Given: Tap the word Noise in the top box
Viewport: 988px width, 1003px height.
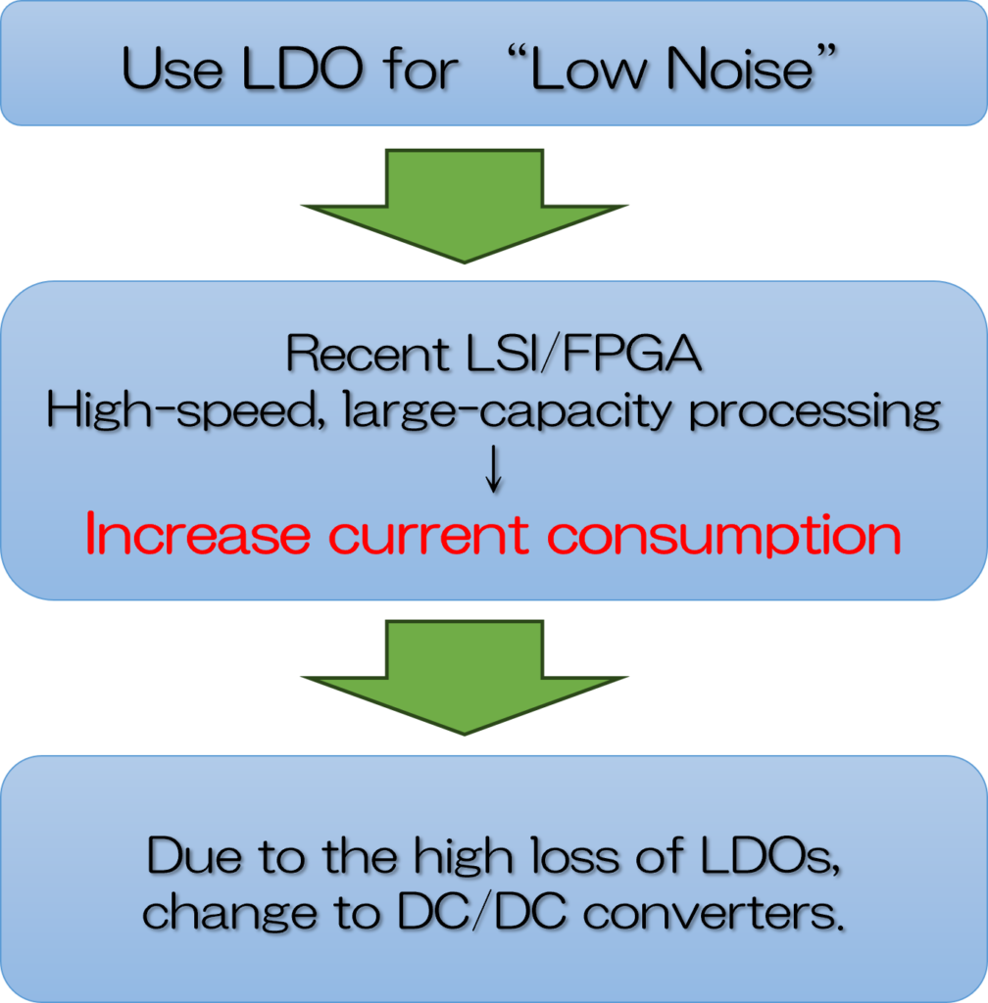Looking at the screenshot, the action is click(739, 68).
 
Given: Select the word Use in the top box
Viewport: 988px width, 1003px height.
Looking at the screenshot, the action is click(173, 68).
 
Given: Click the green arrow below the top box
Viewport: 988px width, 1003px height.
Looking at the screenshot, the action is click(465, 206).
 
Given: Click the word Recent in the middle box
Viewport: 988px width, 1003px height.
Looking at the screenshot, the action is click(368, 353).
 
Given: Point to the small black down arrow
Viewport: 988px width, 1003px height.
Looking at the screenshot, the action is click(493, 469).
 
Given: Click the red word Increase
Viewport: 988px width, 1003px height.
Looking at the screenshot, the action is click(198, 534).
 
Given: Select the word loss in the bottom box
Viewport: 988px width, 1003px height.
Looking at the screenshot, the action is click(575, 855).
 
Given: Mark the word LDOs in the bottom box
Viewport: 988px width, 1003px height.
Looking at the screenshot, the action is click(770, 855).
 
